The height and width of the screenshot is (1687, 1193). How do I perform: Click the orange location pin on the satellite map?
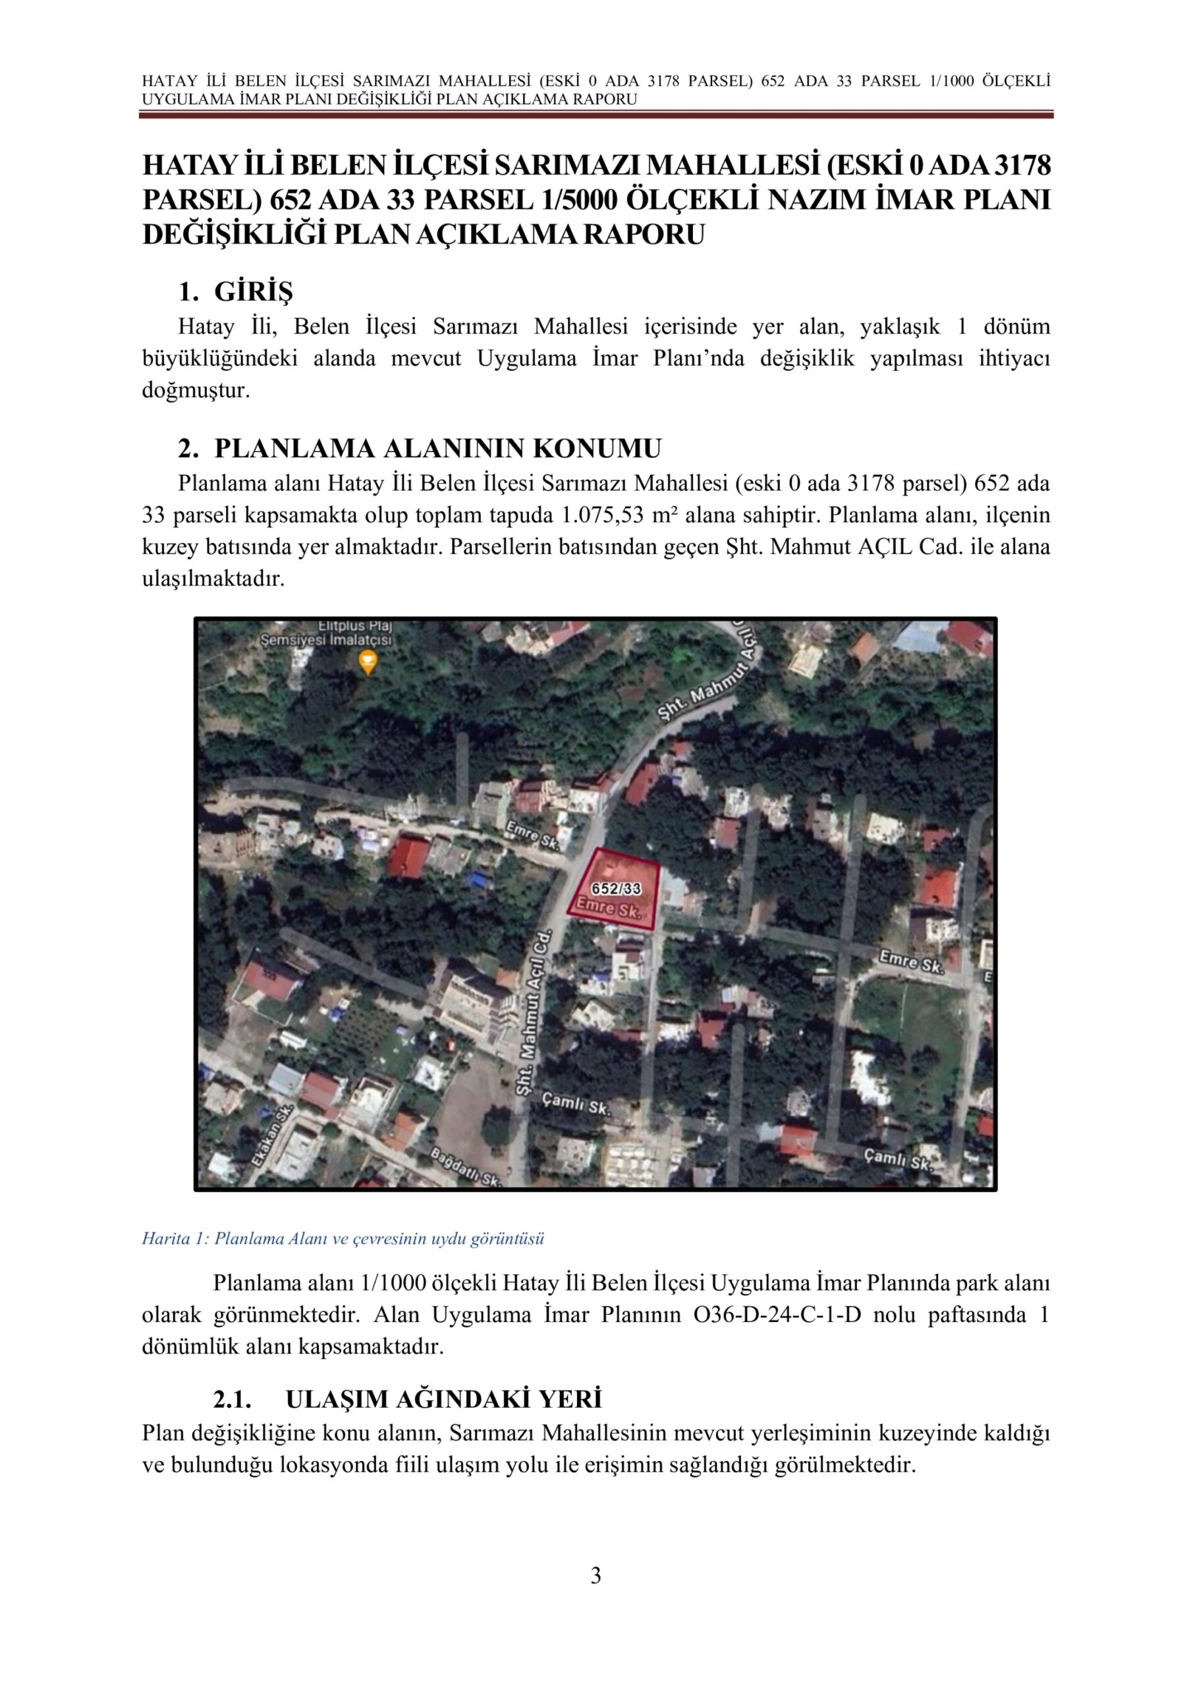(x=368, y=663)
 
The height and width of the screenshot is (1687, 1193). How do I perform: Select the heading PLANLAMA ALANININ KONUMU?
(x=438, y=448)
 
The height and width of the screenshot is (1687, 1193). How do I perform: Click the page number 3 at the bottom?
(x=596, y=1576)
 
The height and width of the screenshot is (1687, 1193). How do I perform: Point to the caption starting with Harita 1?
(x=343, y=1239)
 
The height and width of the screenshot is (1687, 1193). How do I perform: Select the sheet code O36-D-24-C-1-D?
(x=777, y=1315)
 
